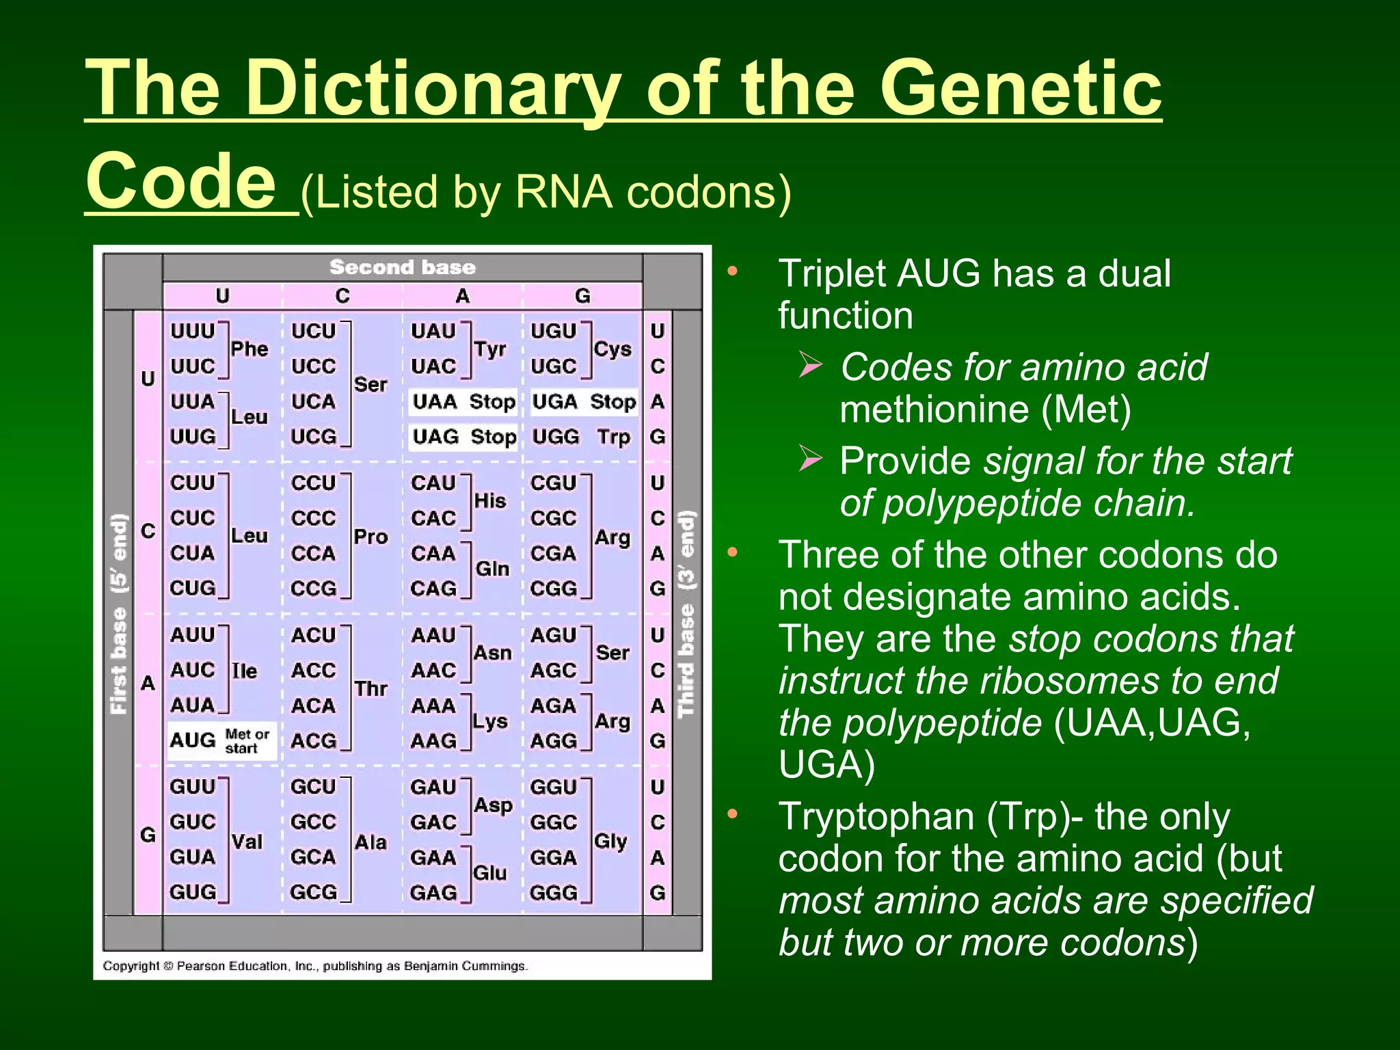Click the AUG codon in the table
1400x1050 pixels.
coord(193,740)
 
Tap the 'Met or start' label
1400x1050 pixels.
coord(247,741)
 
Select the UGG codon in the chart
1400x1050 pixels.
coord(555,437)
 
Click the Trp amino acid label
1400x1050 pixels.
coord(613,437)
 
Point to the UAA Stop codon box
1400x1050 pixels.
coord(463,402)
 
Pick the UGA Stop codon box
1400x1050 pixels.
coord(584,402)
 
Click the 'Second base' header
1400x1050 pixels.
coord(402,267)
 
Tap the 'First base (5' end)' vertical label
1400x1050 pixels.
coord(119,614)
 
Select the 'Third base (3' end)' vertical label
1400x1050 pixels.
coord(686,614)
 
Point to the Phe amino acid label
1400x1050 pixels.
coord(249,349)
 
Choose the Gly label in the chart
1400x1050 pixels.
coord(610,841)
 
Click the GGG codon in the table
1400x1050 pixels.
coord(554,893)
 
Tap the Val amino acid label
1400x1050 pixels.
coord(247,842)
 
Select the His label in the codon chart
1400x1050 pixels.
coord(490,501)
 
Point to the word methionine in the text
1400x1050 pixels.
coord(934,409)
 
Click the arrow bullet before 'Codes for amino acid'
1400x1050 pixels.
coord(810,365)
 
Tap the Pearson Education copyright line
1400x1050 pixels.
coord(315,966)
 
